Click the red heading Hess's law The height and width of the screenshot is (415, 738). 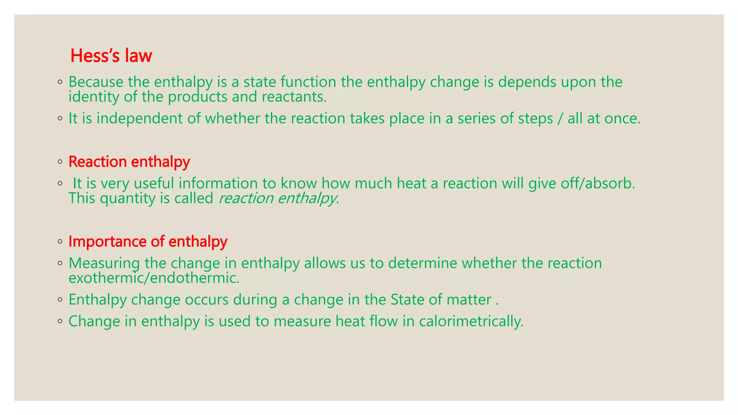coord(111,56)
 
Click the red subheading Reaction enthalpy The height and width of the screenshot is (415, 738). coord(129,162)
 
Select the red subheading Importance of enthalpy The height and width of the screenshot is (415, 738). coord(148,241)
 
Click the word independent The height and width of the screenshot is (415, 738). coord(139,119)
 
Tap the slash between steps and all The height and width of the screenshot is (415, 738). coord(560,119)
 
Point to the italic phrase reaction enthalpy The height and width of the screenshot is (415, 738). coord(277,198)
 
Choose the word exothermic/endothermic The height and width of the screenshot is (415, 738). coord(154,278)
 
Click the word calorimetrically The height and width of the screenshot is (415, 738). coord(471,321)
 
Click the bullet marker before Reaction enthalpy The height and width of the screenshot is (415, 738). coord(60,162)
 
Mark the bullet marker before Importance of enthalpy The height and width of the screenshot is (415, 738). coord(60,242)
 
